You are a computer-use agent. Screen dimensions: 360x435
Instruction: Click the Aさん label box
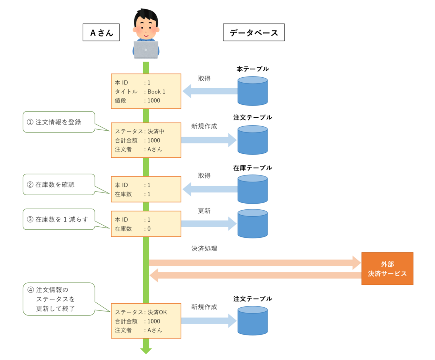101,32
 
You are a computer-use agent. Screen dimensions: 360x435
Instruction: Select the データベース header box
254,32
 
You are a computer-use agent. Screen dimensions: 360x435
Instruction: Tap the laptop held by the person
146,50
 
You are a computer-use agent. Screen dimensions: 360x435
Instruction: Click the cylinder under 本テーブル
252,91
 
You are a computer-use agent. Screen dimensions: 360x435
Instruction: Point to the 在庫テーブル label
253,168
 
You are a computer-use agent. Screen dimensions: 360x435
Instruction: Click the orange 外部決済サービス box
387,269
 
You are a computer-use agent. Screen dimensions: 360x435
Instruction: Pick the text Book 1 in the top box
156,91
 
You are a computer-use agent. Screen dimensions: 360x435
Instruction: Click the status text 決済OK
157,312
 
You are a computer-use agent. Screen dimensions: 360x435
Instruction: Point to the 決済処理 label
204,248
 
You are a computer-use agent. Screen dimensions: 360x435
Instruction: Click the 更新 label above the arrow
204,211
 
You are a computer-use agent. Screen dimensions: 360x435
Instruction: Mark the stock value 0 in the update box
149,229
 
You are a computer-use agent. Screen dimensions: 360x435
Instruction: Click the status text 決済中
156,131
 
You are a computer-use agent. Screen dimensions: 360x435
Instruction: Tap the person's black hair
146,15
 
